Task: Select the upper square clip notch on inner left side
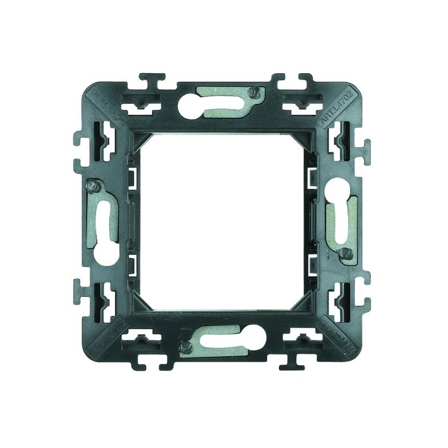(134, 178)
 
